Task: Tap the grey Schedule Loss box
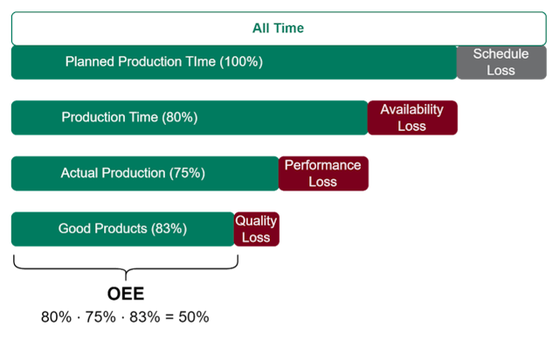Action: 501,62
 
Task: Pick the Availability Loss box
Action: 411,118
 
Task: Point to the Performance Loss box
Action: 322,173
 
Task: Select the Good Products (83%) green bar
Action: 122,229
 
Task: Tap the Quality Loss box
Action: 256,229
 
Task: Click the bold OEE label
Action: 125,294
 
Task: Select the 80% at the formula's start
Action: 56,317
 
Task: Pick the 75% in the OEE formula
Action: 99,317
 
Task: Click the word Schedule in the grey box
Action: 500,54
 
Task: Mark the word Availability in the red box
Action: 411,109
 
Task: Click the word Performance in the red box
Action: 322,164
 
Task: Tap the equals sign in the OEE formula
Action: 168,317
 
